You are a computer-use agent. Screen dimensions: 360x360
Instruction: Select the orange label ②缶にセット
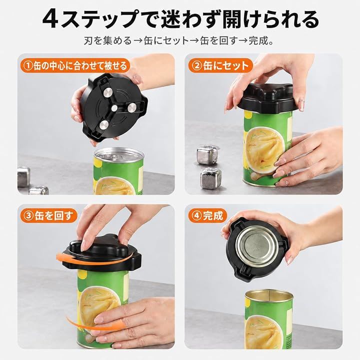[220, 65]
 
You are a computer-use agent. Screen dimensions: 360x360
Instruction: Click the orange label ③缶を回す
[48, 216]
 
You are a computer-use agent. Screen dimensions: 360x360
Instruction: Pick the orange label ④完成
[207, 216]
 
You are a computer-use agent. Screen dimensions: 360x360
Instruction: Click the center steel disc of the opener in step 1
[114, 108]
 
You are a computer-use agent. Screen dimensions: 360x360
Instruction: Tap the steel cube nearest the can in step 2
[211, 178]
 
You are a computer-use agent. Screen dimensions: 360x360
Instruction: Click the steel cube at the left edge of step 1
[23, 177]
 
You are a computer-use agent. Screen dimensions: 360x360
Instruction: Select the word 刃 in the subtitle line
[88, 41]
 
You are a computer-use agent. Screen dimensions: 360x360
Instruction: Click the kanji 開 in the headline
[232, 19]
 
